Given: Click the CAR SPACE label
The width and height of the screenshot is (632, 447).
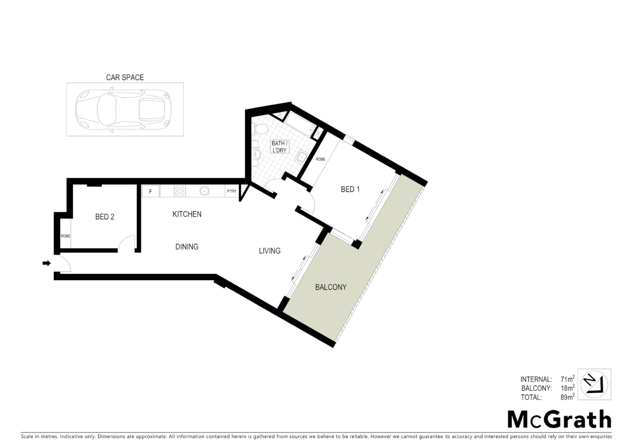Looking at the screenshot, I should click(x=125, y=77).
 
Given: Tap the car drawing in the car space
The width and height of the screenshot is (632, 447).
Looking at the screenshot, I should click(x=123, y=109).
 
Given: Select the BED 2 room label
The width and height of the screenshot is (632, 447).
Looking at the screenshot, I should click(x=105, y=216).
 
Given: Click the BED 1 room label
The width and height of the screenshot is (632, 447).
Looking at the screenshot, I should click(x=350, y=189).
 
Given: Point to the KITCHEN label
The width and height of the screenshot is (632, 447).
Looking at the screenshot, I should click(x=187, y=214).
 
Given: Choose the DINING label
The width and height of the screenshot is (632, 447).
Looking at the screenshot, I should click(x=187, y=247).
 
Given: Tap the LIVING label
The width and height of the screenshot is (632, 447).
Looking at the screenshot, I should click(x=270, y=251).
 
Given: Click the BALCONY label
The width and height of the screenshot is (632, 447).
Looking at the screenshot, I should click(x=331, y=287).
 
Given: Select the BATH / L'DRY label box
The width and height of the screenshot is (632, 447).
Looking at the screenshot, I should click(x=280, y=147).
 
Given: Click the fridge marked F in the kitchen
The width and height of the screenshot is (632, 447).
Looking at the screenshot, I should click(x=151, y=191).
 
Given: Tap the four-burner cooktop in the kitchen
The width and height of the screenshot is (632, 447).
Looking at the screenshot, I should click(x=180, y=191).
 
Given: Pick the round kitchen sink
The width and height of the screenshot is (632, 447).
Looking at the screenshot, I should click(x=204, y=191).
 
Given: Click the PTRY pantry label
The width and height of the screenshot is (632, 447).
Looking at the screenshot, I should click(x=232, y=191).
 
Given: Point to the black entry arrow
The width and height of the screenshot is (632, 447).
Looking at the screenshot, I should click(x=46, y=263).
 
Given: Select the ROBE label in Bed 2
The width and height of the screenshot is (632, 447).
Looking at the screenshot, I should click(x=65, y=236).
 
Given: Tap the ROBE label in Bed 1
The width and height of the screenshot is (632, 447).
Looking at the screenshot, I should click(x=321, y=159).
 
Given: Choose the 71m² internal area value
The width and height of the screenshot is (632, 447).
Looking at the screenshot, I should click(x=567, y=379).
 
